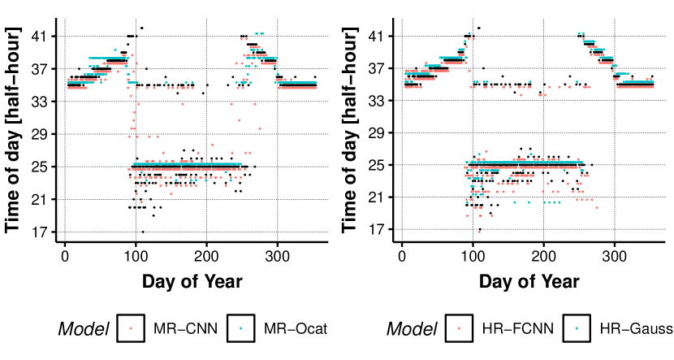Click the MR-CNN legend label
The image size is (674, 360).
[178, 329]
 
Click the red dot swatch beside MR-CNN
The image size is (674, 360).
[131, 329]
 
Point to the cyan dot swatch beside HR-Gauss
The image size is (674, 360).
[577, 329]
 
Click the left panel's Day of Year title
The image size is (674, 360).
[192, 282]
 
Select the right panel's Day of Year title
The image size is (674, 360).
[529, 282]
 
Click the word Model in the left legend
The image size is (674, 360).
[84, 329]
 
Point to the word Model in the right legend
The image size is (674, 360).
[411, 329]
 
